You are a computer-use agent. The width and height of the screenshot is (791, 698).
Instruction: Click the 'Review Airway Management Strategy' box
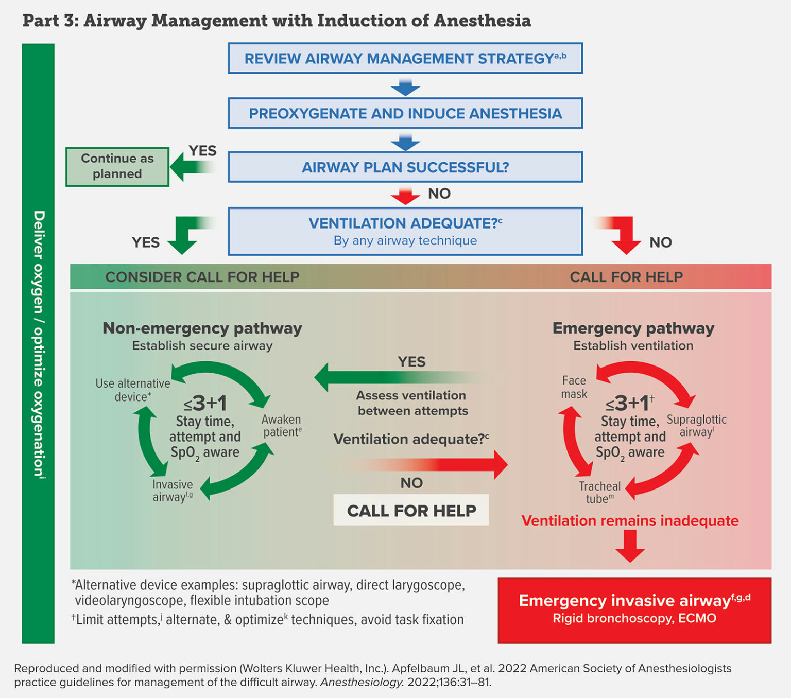(x=405, y=58)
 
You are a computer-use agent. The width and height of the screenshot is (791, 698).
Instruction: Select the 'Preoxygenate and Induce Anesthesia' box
(x=405, y=113)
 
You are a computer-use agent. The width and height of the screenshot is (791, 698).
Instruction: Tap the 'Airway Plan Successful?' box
(x=405, y=167)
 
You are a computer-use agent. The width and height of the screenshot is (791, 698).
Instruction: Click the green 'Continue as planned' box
(x=117, y=166)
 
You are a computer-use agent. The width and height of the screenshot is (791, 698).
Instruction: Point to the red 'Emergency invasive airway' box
(x=634, y=609)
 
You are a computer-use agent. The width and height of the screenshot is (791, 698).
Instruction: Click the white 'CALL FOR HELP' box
(x=411, y=510)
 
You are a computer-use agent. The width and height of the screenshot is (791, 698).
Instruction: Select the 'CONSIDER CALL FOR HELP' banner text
(x=202, y=277)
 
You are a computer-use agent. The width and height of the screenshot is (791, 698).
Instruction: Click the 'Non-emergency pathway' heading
(x=202, y=328)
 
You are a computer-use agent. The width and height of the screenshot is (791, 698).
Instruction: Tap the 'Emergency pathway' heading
(x=633, y=328)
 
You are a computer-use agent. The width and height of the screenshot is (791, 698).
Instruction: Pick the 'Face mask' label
(x=574, y=387)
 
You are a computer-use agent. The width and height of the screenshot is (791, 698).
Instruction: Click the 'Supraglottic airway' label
(x=696, y=426)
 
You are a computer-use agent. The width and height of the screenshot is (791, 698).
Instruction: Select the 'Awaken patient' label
(x=281, y=426)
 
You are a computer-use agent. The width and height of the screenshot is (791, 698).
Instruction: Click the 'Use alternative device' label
(x=132, y=390)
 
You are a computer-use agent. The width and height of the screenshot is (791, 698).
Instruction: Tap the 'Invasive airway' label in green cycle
(x=173, y=491)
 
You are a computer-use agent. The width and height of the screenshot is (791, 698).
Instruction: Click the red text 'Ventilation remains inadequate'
(x=630, y=520)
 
